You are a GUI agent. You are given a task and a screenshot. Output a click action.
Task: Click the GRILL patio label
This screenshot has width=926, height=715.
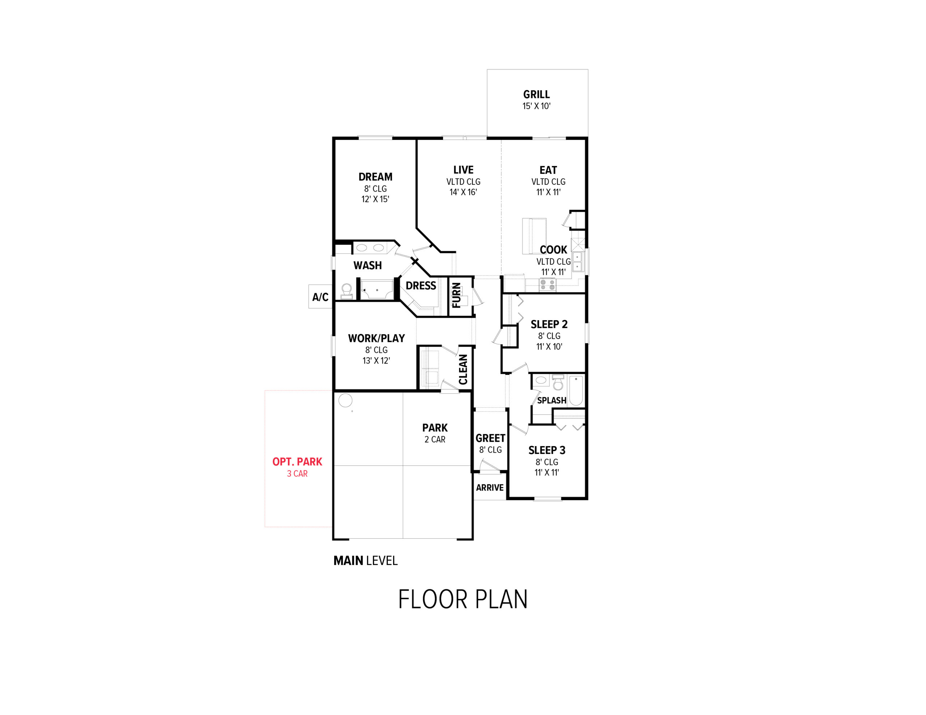536,94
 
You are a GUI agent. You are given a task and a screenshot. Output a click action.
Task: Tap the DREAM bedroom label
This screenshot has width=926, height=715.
375,177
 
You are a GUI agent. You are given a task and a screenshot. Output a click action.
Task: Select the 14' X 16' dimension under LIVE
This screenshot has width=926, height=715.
463,192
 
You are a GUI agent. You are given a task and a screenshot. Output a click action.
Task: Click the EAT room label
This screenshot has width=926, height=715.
548,170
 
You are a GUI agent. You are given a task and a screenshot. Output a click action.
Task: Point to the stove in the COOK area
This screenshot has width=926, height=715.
547,285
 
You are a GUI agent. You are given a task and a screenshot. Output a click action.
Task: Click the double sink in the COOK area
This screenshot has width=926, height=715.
577,261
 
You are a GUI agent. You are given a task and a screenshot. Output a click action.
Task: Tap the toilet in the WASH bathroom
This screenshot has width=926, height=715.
347,292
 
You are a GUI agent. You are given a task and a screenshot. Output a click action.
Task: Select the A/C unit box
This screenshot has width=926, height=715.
320,296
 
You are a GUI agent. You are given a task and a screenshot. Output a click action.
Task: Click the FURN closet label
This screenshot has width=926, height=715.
456,295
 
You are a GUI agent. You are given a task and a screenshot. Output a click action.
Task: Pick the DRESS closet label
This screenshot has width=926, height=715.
421,286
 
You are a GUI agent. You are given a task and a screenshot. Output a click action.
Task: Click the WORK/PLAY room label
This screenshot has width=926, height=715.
377,338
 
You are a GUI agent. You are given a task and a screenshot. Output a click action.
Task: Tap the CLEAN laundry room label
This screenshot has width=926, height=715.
463,369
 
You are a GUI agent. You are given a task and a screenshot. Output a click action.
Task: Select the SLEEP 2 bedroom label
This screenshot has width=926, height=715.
549,324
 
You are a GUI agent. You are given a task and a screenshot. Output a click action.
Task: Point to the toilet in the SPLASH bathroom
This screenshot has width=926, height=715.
558,382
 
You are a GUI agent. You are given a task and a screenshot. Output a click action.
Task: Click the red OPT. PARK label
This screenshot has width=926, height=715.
297,462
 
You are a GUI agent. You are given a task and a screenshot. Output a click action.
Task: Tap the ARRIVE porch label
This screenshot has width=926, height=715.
490,488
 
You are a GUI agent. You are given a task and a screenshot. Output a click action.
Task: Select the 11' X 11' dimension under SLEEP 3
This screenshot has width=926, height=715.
547,472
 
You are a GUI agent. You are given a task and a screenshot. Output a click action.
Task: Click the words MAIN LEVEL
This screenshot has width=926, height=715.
365,561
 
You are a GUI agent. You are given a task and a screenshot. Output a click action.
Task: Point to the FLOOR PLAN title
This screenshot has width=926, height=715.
463,599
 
